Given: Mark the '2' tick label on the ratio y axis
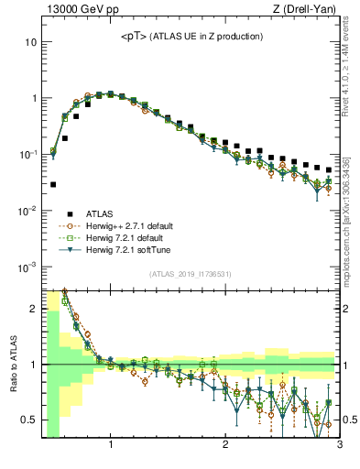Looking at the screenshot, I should (x=33, y=308).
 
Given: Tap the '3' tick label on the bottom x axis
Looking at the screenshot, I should (x=339, y=446).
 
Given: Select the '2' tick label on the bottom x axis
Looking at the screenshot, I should (x=225, y=446).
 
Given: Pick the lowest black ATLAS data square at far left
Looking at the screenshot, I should (x=53, y=184).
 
